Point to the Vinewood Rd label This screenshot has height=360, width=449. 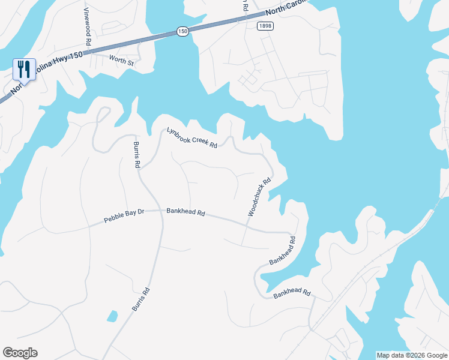coord(87,28)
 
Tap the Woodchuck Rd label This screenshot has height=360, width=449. coord(260,197)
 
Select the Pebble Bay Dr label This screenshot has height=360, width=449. coord(124,215)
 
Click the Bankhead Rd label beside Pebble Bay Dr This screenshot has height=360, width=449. coord(185,212)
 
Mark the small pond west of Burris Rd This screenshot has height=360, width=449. coord(111,316)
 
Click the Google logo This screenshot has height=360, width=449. coord(20,353)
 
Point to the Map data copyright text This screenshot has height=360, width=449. coord(412,355)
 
